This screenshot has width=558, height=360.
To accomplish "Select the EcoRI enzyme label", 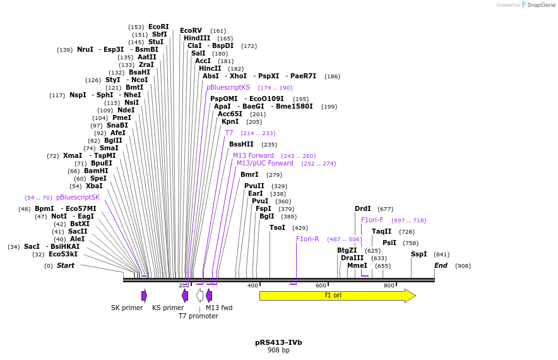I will (x=158, y=27).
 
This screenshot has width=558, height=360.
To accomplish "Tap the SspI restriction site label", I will (x=419, y=254).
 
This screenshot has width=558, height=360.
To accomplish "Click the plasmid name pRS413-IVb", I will (x=278, y=342).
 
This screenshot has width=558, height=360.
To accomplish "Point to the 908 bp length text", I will (x=278, y=350).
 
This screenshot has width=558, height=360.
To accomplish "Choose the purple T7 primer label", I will (x=229, y=133).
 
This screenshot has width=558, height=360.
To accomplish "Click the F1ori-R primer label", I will (x=307, y=239).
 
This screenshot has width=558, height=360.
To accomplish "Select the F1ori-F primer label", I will (x=372, y=220).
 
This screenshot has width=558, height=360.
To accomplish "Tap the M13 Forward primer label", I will (x=253, y=155).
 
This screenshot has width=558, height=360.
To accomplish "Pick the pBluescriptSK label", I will (x=78, y=197).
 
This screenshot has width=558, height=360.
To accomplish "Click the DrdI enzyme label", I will (x=363, y=208).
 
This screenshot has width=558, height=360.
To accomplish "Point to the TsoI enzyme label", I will (x=278, y=227).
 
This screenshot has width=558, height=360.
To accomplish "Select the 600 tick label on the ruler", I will (x=321, y=286).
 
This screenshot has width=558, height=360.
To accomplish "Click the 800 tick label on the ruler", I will (x=389, y=286).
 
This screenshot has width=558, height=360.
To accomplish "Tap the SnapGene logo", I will (x=538, y=5).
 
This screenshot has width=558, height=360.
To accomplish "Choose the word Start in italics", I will (x=66, y=265).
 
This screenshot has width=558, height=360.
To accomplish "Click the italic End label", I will (x=441, y=265).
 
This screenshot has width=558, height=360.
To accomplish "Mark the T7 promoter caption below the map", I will (x=198, y=316).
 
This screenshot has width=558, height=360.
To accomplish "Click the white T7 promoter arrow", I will (x=199, y=296).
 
